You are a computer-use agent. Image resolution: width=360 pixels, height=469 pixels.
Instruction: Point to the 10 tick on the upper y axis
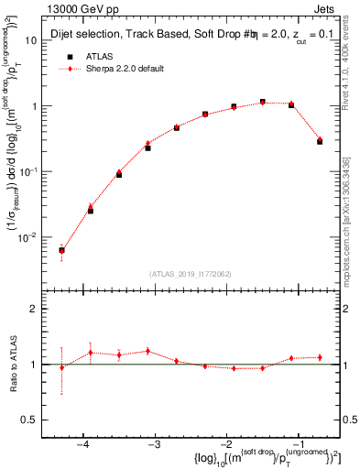click(37, 40)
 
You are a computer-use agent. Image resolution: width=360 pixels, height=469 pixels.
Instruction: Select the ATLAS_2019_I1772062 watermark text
click(190, 273)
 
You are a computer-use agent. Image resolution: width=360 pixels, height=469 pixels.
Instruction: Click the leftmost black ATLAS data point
click(61, 250)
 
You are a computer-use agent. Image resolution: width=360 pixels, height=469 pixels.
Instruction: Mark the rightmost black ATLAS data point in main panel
click(320, 116)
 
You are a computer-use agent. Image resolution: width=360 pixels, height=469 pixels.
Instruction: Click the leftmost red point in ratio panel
click(61, 368)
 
